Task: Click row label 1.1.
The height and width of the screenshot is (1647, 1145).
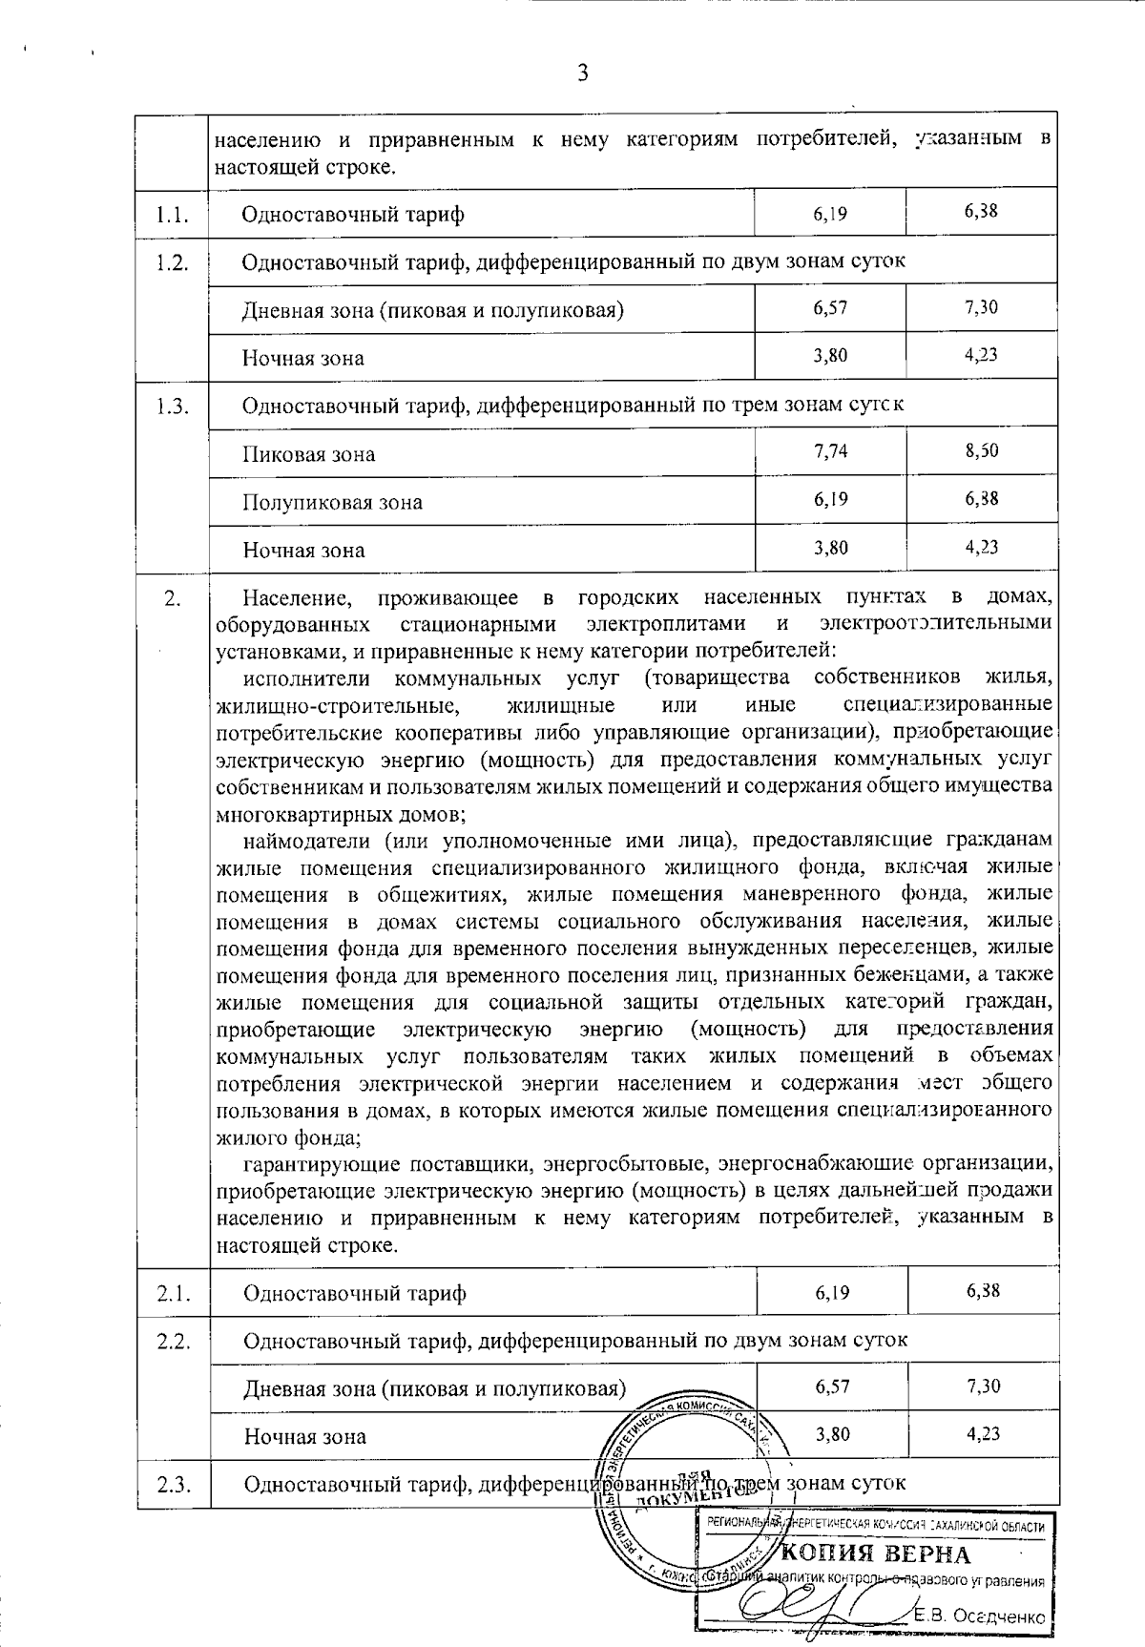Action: pos(172,214)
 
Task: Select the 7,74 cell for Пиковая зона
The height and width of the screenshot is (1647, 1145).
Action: pos(831,451)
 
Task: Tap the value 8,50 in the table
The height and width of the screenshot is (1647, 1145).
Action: pos(982,450)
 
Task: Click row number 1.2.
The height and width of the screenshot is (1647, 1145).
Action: pos(172,262)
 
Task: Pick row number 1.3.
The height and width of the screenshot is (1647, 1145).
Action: pos(172,407)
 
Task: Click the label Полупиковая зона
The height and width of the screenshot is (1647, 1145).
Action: pos(332,502)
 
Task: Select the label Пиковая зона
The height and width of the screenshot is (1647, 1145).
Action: pos(308,454)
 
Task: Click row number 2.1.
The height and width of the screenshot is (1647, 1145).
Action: pos(173,1294)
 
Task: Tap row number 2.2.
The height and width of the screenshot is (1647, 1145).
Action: pos(173,1342)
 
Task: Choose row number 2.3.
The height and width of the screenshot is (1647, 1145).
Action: pos(173,1485)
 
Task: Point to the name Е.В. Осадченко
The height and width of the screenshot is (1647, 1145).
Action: pos(980,1616)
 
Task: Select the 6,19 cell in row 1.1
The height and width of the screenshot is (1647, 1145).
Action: pos(831,214)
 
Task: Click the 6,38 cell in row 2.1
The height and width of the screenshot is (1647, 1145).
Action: pos(983,1291)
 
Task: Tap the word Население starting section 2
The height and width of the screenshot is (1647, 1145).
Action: pos(297,598)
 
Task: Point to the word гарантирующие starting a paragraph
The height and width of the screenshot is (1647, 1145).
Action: pos(321,1164)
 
